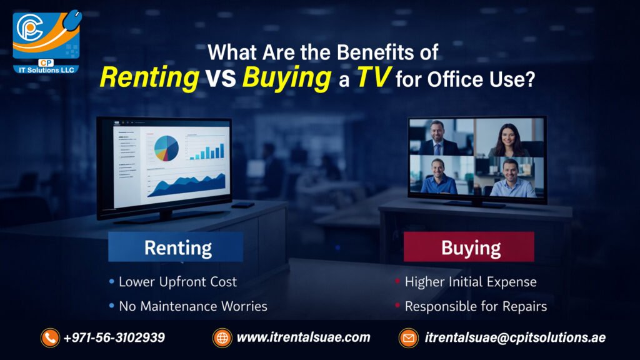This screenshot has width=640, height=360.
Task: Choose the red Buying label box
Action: [469, 247]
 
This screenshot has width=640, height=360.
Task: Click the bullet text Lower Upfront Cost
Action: [177, 282]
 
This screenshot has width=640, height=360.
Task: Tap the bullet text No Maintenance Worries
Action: [192, 306]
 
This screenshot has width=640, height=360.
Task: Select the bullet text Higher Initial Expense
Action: [470, 282]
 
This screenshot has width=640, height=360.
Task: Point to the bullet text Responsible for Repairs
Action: [476, 306]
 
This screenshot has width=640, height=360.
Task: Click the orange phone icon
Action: [50, 338]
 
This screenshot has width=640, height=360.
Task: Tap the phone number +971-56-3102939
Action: [114, 338]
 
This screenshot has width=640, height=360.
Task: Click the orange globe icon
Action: [222, 338]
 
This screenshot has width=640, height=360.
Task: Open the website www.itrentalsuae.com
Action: [303, 338]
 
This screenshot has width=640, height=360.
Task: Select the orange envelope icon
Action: [409, 338]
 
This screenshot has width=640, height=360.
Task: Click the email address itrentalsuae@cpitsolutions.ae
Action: [515, 338]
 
